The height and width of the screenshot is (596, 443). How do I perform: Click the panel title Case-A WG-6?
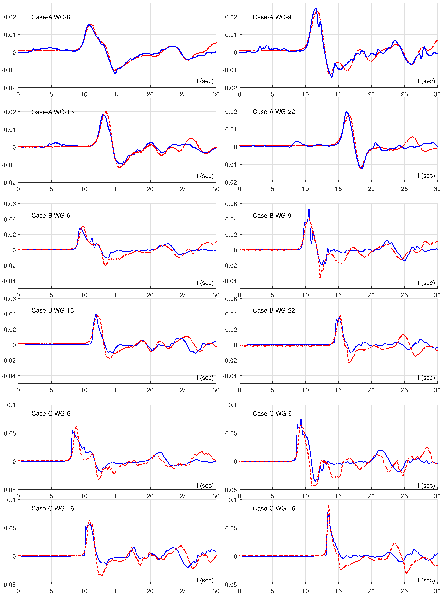point(51,17)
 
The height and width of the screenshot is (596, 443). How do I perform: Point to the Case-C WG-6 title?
point(51,414)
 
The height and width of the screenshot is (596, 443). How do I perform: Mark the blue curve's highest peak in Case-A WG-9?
point(316,8)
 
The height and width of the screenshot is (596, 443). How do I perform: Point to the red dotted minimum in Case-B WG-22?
point(349,363)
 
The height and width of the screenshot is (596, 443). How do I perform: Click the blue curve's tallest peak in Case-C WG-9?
point(301,419)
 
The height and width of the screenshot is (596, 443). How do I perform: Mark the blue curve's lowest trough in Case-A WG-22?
point(362,169)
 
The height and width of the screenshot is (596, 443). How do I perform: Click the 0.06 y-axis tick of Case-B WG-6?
point(10,204)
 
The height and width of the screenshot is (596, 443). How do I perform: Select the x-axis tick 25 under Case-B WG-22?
point(404,390)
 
